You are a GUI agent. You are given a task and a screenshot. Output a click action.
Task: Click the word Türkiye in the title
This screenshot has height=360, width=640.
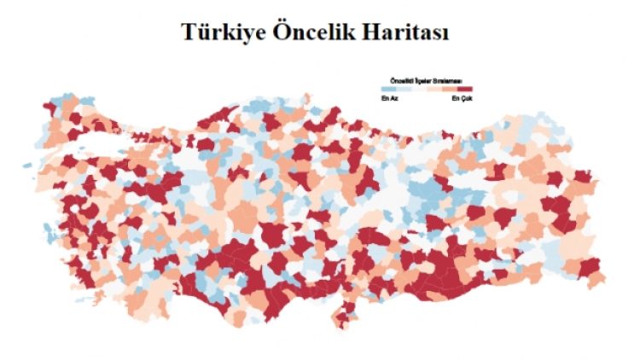221,32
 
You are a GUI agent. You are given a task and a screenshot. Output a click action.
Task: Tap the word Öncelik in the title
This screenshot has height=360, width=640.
314,32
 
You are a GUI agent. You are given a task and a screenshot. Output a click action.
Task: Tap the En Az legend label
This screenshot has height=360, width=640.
387,97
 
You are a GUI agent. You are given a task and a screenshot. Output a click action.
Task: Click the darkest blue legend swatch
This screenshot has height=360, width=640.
388,89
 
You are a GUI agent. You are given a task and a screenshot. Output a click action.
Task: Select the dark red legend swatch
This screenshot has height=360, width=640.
465,89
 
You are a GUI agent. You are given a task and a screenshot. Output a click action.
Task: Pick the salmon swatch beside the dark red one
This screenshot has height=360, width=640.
450,89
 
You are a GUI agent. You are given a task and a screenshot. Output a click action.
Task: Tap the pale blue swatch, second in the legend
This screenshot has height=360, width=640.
404,89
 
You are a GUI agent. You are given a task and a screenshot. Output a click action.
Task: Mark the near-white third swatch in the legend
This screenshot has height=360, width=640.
419,89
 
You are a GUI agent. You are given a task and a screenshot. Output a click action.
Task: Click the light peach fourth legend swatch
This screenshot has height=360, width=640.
434,89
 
